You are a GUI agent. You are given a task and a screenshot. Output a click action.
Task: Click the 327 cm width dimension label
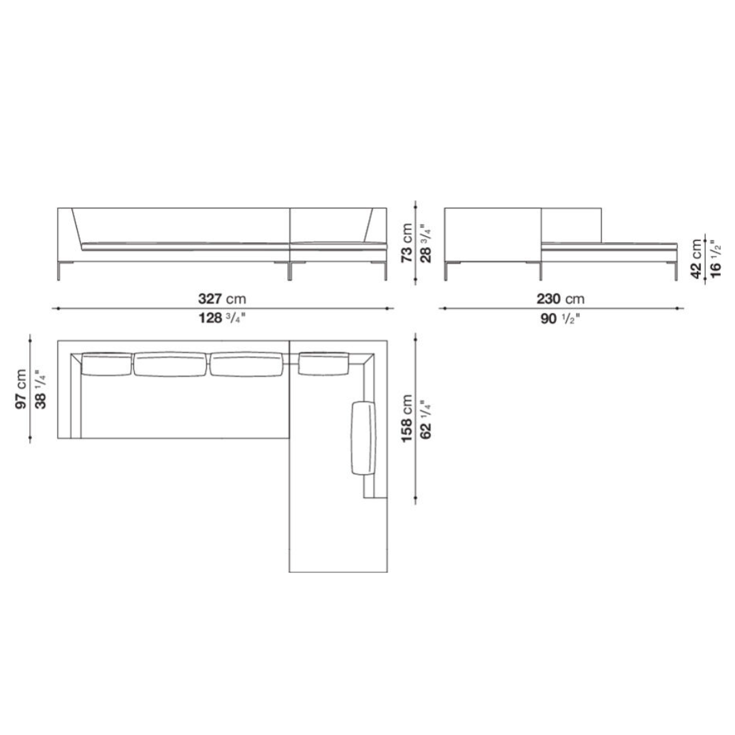(x=222, y=299)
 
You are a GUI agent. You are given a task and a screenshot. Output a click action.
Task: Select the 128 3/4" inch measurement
(x=222, y=318)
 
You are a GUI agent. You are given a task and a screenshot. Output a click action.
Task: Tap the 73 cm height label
(x=407, y=242)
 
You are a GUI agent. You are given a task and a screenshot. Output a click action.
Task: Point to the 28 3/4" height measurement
(x=425, y=242)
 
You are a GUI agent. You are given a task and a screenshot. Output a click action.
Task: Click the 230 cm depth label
(x=561, y=299)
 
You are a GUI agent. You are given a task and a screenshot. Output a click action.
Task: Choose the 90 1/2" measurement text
(x=561, y=318)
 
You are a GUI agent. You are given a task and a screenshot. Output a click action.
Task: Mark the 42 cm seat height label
(x=697, y=259)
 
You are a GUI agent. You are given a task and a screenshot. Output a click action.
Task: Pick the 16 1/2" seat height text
(x=716, y=259)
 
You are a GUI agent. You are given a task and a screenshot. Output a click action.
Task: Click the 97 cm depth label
(x=21, y=389)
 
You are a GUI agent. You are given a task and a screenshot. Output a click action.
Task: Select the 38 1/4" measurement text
(x=41, y=389)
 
